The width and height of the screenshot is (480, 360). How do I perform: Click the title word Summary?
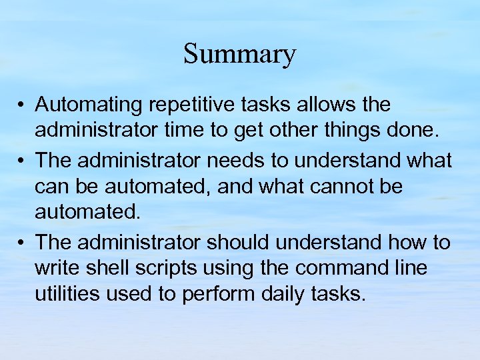pos(239,55)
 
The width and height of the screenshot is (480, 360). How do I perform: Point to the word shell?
pos(105,269)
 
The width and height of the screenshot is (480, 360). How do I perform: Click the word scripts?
pos(161,269)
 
